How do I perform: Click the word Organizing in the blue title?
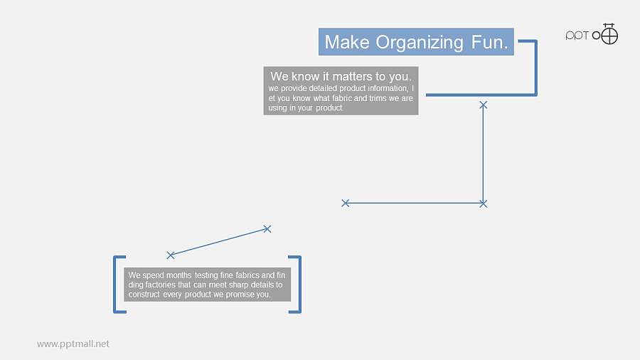pyautogui.click(x=419, y=43)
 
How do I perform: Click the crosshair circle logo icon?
pyautogui.click(x=609, y=34)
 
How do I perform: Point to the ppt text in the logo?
pyautogui.click(x=577, y=36)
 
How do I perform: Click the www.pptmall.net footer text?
pyautogui.click(x=73, y=344)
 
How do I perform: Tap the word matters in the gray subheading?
pyautogui.click(x=352, y=76)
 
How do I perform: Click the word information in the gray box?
pyautogui.click(x=388, y=88)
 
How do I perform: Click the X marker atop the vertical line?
pyautogui.click(x=484, y=105)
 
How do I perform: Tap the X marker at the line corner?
pyautogui.click(x=484, y=203)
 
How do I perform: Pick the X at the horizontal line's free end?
pyautogui.click(x=346, y=203)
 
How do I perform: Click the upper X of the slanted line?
pyautogui.click(x=267, y=229)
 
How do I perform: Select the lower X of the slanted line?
pyautogui.click(x=171, y=255)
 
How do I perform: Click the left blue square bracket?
pyautogui.click(x=114, y=285)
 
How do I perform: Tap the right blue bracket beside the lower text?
pyautogui.click(x=300, y=285)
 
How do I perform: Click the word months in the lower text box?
pyautogui.click(x=178, y=275)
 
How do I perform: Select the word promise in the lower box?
pyautogui.click(x=240, y=295)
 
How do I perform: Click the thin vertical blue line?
pyautogui.click(x=484, y=154)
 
